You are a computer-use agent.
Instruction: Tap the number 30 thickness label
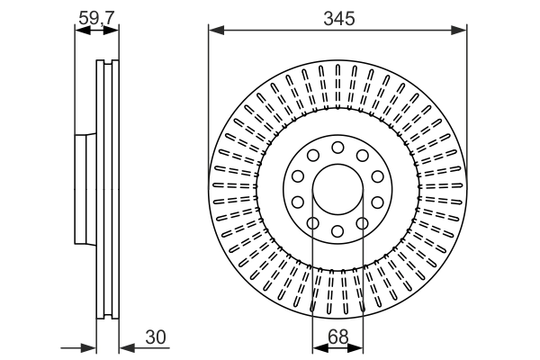(155, 337)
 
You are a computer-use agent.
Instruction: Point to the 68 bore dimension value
(337, 337)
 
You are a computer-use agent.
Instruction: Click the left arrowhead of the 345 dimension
(214, 30)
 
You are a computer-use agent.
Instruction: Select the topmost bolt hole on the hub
(337, 148)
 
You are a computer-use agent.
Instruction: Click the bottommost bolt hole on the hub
(337, 232)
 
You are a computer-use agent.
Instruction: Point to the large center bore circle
(337, 190)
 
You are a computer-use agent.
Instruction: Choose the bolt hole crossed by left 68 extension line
(313, 224)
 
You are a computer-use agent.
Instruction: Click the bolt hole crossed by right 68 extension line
(362, 224)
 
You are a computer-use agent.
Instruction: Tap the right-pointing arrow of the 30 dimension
(89, 346)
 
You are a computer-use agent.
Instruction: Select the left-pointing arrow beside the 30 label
(126, 346)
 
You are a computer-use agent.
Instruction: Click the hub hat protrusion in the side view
(85, 190)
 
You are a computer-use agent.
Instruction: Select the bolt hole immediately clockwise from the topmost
(362, 156)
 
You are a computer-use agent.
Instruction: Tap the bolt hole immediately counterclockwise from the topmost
(313, 156)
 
